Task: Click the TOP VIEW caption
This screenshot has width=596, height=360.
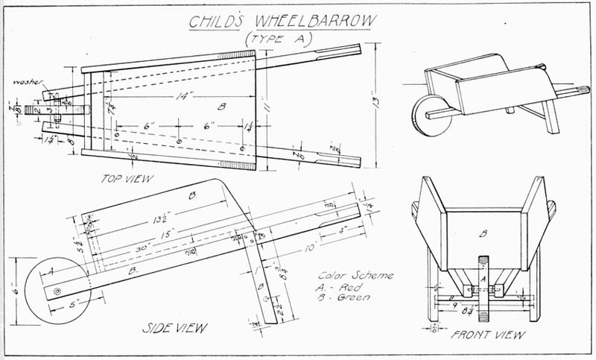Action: coord(128,179)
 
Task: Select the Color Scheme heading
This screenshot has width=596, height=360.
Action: coord(354,275)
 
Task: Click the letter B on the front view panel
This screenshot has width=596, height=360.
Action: coord(483,233)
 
